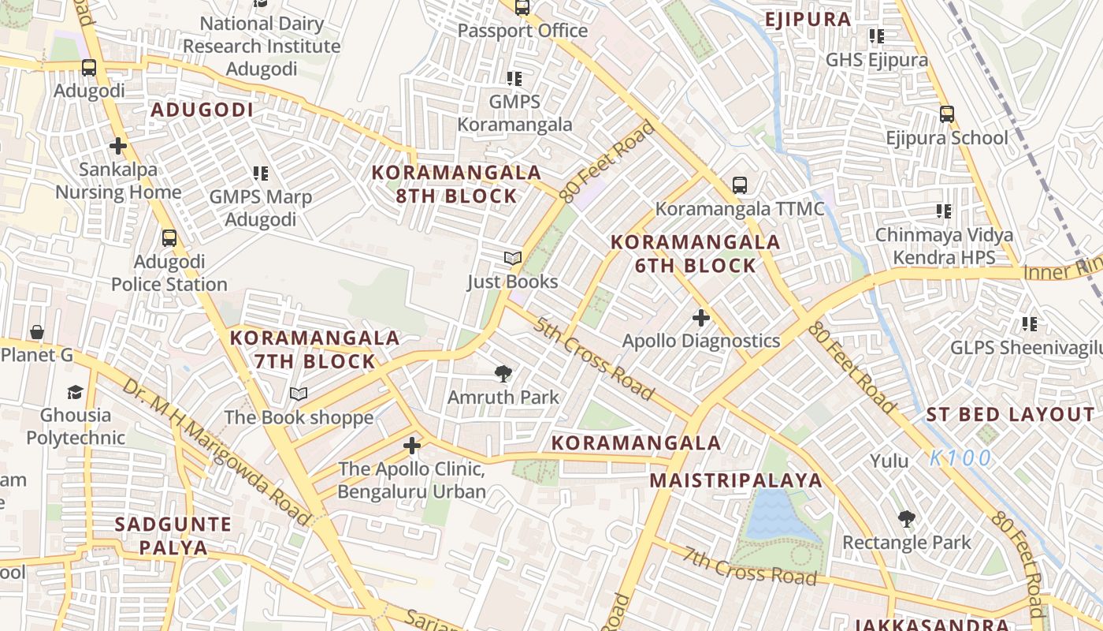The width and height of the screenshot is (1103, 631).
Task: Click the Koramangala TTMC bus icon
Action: click(x=739, y=185)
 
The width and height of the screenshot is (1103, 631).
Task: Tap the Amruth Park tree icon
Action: click(x=503, y=374)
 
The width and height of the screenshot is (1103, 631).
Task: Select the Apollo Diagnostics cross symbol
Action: click(x=700, y=318)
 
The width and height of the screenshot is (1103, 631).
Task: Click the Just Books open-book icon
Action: click(x=513, y=259)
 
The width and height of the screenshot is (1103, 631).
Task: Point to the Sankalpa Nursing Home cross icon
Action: click(x=118, y=146)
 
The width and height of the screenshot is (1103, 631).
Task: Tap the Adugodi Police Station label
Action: click(x=169, y=273)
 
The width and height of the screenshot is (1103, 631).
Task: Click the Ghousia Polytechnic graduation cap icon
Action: click(x=75, y=392)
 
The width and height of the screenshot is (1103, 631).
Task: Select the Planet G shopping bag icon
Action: click(x=36, y=332)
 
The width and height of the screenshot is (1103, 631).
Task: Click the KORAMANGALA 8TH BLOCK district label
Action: click(x=456, y=185)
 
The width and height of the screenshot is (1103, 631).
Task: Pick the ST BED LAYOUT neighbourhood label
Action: click(x=1010, y=415)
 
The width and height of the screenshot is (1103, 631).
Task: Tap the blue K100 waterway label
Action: click(x=960, y=458)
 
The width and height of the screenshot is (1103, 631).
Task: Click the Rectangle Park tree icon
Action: click(x=906, y=519)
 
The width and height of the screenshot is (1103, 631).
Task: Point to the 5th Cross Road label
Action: click(x=593, y=359)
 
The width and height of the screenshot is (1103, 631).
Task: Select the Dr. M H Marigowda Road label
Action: click(x=217, y=454)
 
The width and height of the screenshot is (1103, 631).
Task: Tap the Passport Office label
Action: click(x=522, y=31)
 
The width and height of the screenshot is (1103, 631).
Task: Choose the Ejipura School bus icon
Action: click(x=947, y=114)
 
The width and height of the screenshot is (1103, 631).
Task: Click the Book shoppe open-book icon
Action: click(x=298, y=394)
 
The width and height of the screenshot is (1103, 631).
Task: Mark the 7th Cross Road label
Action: click(x=749, y=566)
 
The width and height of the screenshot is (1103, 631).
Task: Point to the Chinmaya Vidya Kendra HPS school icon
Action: click(x=943, y=211)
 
